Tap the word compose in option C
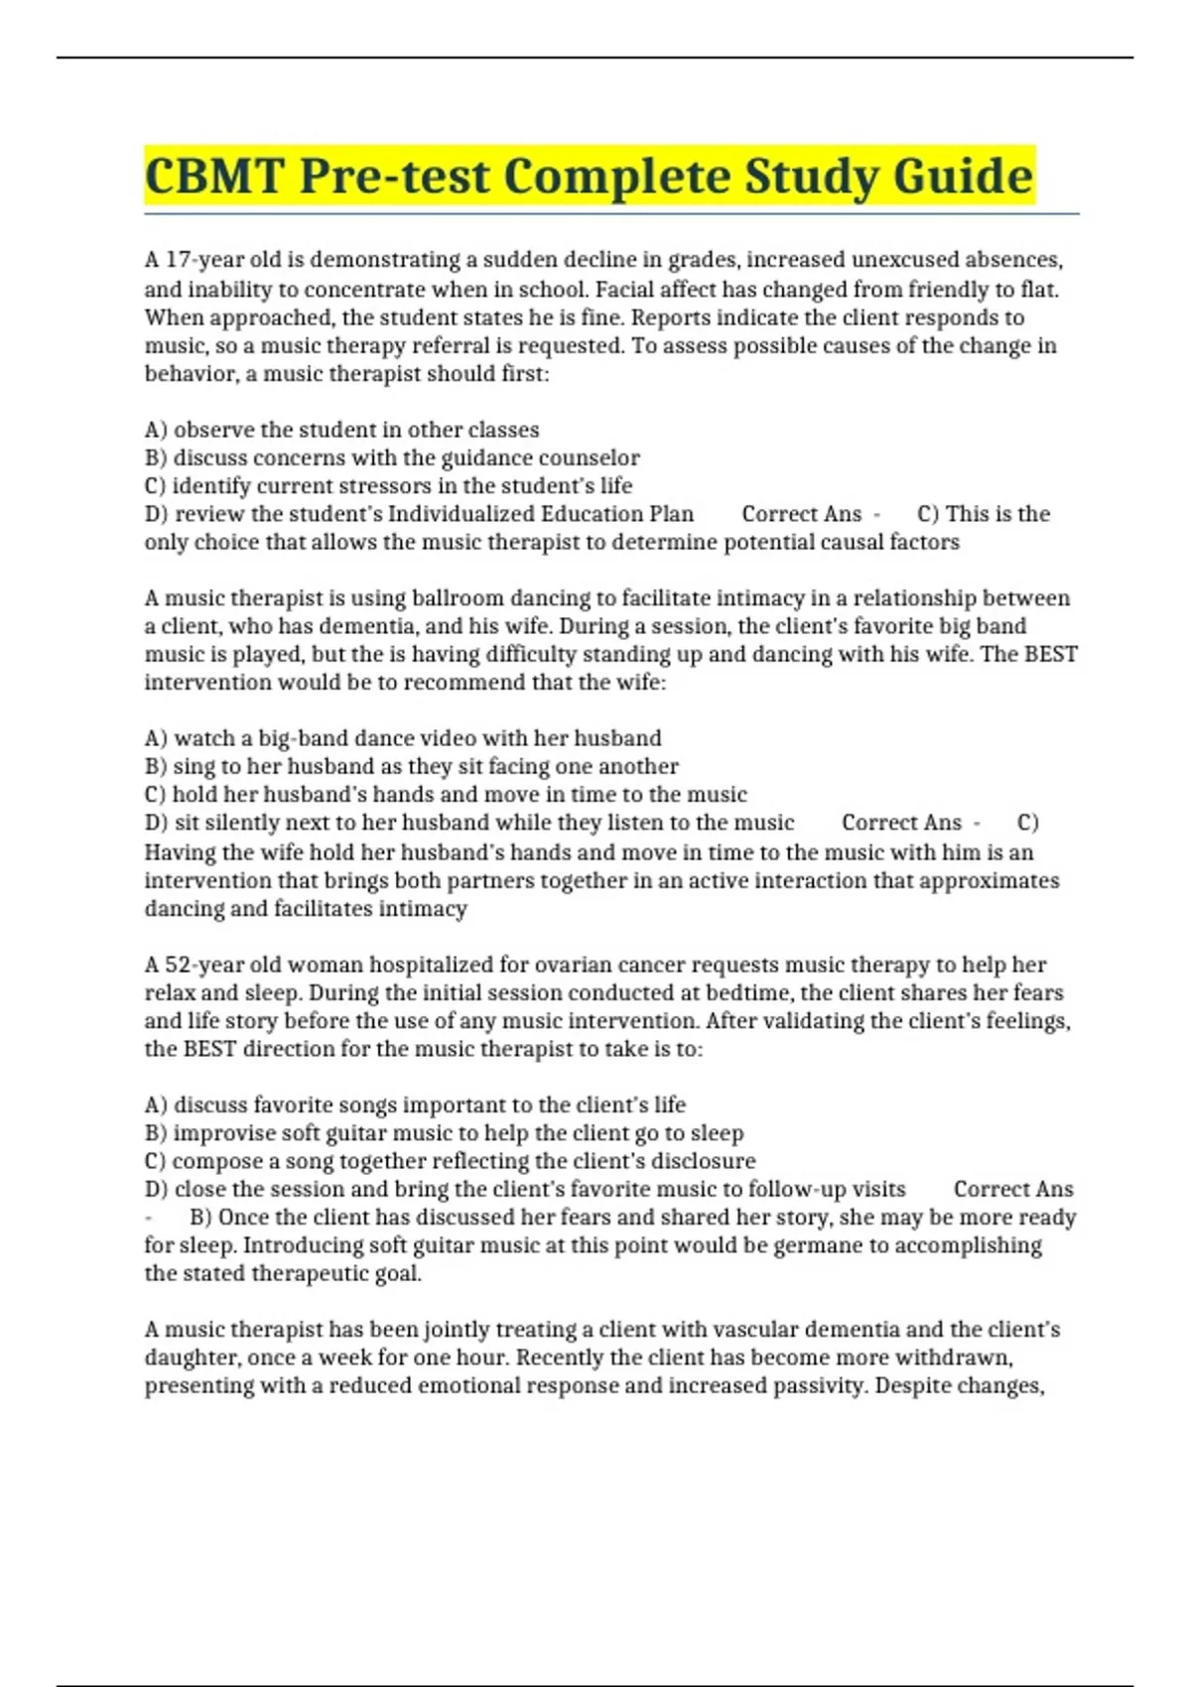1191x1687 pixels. pos(213,1161)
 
